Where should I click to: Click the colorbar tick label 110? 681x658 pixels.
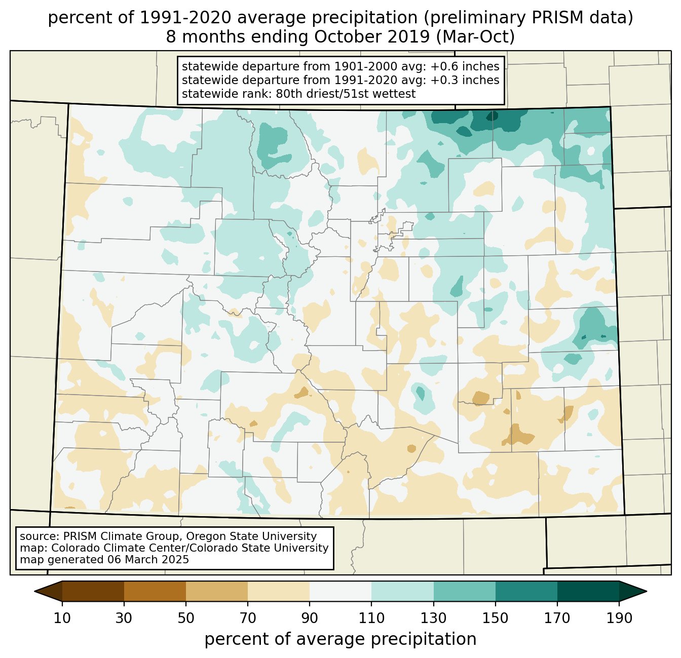click(371, 618)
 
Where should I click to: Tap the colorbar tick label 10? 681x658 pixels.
click(62, 618)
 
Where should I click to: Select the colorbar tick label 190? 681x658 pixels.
click(619, 618)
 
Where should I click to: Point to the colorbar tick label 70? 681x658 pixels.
click(248, 618)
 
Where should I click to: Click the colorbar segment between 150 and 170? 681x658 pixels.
click(526, 591)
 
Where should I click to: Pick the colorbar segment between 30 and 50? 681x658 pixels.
click(155, 591)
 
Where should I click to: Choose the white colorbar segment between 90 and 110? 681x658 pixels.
click(340, 591)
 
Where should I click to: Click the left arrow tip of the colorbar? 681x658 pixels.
click(34, 591)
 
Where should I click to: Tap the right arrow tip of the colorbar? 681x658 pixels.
click(647, 591)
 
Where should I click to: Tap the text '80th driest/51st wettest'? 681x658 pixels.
click(346, 94)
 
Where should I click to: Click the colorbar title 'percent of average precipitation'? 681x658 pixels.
click(340, 639)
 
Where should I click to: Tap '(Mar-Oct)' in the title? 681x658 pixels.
click(475, 37)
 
